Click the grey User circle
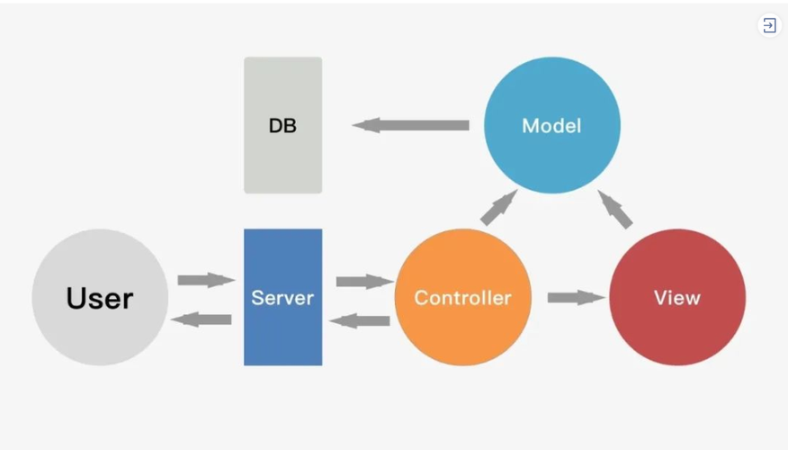(x=100, y=297)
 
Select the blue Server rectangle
(x=283, y=297)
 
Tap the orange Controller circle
(x=463, y=297)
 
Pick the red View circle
(x=677, y=297)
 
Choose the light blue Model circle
(x=551, y=125)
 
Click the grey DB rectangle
(x=283, y=125)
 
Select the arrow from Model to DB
(x=410, y=125)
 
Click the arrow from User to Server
(x=206, y=280)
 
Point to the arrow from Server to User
(x=201, y=319)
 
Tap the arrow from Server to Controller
(x=365, y=281)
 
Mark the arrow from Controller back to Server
(x=360, y=320)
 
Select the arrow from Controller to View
(x=577, y=298)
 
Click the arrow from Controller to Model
(x=498, y=207)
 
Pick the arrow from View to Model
(x=615, y=209)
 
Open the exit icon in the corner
(x=769, y=25)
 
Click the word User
(x=100, y=298)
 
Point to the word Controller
(x=463, y=298)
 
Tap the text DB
(x=282, y=126)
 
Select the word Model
(x=551, y=126)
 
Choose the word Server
(x=282, y=298)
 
